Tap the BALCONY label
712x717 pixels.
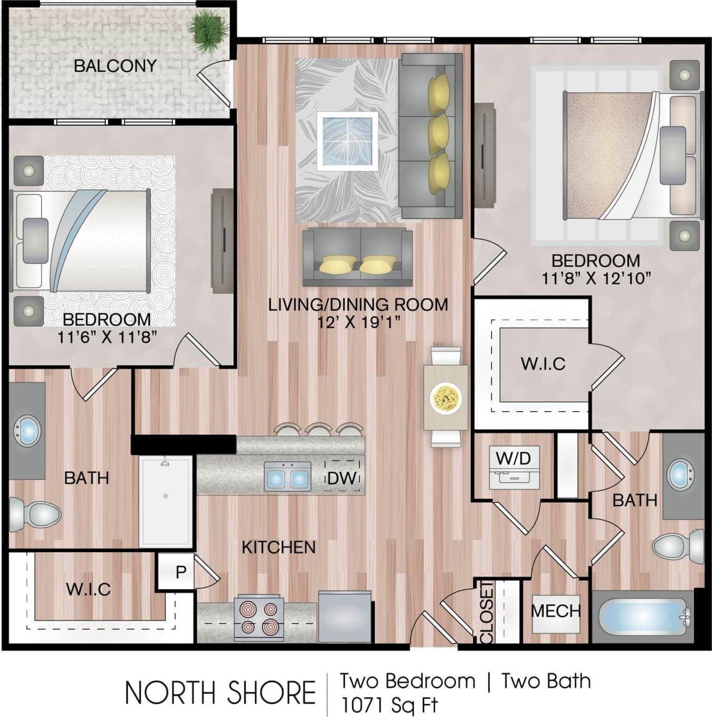coord(115,66)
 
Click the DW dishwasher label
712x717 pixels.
coord(342,478)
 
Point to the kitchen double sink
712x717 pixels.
coord(287,477)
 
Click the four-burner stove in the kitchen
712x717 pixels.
coord(259,618)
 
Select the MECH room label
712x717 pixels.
coord(556,610)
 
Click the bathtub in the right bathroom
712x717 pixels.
coord(642,617)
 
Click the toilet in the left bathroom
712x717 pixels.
coord(36,515)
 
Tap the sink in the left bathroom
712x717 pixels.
coord(27,430)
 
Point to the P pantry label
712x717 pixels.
coord(181,572)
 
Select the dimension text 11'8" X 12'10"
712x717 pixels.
coord(596,278)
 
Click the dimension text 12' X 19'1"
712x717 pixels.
coord(358,322)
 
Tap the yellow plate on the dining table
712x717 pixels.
coord(445,397)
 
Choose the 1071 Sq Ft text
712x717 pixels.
coord(389,705)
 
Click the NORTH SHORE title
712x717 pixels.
coord(220,693)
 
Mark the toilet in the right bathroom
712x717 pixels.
coord(676,547)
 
